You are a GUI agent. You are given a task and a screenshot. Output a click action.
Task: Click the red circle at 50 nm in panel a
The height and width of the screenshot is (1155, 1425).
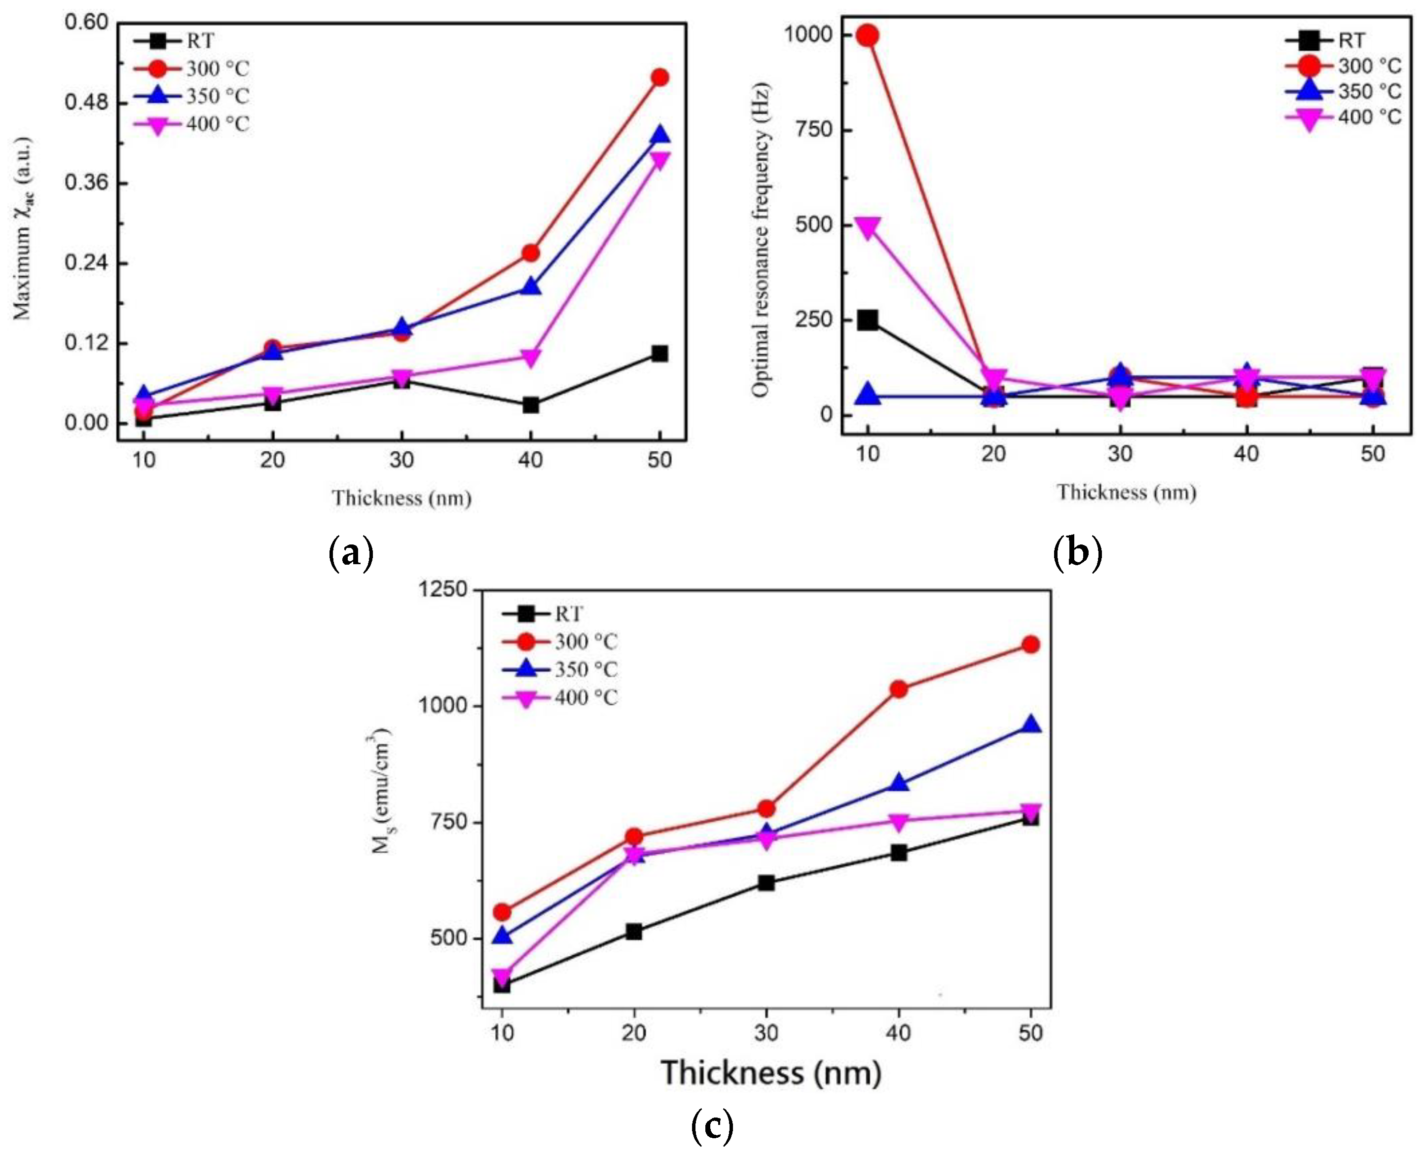[659, 78]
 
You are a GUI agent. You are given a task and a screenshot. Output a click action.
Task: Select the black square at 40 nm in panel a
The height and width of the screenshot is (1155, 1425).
[530, 404]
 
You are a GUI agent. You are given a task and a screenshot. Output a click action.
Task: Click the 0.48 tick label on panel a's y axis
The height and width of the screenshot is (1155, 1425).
[86, 103]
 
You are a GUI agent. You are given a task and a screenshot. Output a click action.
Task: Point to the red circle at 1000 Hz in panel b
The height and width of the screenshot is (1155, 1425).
[867, 36]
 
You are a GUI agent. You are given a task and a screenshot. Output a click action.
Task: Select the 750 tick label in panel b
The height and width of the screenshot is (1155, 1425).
[814, 130]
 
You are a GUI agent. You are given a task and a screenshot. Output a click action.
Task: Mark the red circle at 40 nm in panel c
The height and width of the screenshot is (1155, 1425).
[899, 689]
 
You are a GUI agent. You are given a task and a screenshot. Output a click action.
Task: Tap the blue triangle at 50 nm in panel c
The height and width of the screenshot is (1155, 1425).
[1030, 725]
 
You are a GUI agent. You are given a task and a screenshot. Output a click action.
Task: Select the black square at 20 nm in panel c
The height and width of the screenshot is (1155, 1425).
[634, 932]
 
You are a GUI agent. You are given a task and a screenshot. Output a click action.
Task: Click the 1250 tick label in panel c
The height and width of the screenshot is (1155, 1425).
[442, 589]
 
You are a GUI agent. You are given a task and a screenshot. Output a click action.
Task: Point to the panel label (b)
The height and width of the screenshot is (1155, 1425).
[1078, 553]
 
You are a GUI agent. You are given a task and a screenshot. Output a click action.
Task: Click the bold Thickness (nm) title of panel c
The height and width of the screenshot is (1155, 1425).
[771, 1073]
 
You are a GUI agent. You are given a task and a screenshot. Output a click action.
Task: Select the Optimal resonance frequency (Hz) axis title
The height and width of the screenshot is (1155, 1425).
[761, 240]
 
